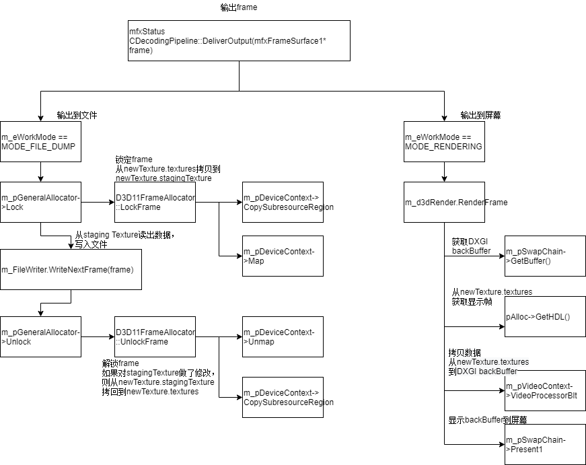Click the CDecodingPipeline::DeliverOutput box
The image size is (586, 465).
(239, 40)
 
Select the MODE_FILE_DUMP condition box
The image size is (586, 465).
(40, 141)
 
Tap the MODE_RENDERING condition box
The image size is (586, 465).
(444, 141)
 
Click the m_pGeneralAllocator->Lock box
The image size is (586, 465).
(40, 202)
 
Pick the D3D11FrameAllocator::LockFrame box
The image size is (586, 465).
(155, 202)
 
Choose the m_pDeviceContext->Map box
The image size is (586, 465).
(283, 256)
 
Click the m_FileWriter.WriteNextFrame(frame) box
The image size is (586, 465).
(71, 269)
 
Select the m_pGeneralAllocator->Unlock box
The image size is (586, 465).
(40, 336)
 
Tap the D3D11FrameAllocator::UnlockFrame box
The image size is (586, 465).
(155, 336)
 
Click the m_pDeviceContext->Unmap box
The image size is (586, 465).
(283, 336)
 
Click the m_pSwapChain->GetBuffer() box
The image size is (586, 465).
(545, 256)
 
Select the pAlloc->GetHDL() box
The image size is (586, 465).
(545, 316)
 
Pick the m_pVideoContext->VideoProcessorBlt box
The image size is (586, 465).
(545, 391)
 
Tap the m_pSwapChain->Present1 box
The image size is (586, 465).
(545, 444)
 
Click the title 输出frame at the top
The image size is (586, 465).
(239, 7)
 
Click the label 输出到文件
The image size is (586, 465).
(77, 115)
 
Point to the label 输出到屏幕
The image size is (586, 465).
(480, 115)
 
